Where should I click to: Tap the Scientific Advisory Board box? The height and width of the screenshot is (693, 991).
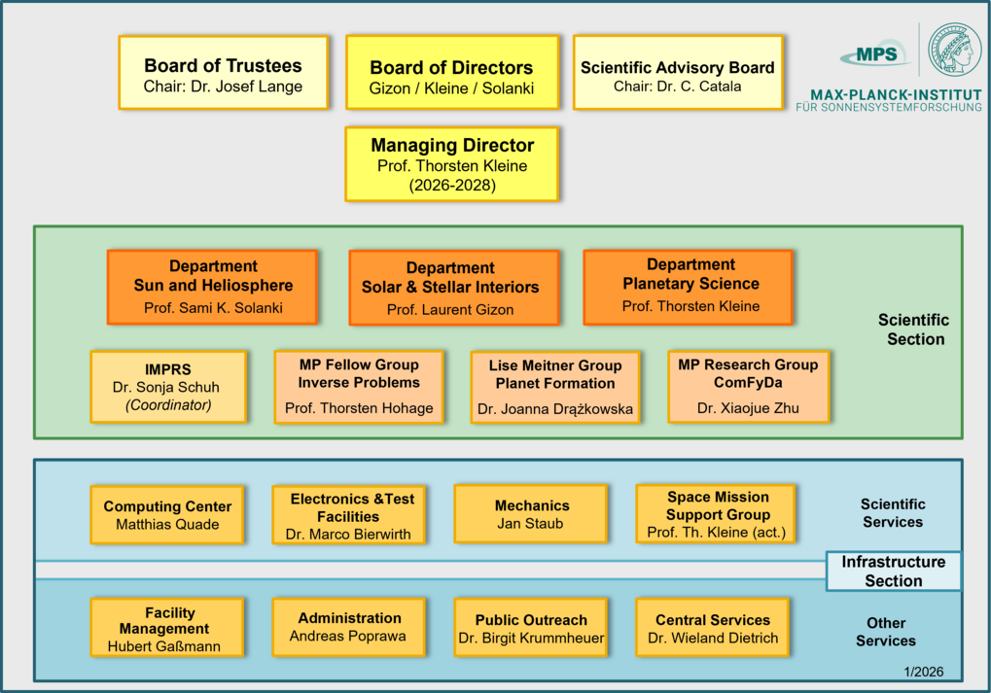[677, 73]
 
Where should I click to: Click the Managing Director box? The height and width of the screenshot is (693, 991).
[451, 164]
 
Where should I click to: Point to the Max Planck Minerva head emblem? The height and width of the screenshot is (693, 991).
[954, 50]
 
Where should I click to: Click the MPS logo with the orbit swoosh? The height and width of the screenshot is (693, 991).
[874, 55]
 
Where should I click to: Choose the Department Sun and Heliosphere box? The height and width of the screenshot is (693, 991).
[213, 287]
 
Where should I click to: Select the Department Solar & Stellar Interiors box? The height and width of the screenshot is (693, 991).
[453, 288]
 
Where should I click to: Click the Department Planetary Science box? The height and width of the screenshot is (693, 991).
[690, 286]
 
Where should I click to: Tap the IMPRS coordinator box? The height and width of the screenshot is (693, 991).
[168, 387]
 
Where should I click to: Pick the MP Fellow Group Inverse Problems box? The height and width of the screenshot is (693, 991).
[359, 386]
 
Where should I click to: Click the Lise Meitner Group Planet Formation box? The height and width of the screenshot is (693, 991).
[555, 387]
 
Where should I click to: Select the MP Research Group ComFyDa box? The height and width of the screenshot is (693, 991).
[748, 386]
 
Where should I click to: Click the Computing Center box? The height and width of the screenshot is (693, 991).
[167, 515]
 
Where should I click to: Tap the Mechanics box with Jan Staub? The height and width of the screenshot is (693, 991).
[531, 514]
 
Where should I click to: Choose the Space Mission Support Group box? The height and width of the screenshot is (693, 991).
[717, 514]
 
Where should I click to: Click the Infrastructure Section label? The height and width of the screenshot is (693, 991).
[893, 572]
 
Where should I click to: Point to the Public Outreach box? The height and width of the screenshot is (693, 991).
[531, 628]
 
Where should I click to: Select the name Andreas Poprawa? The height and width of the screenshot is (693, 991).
[347, 637]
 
